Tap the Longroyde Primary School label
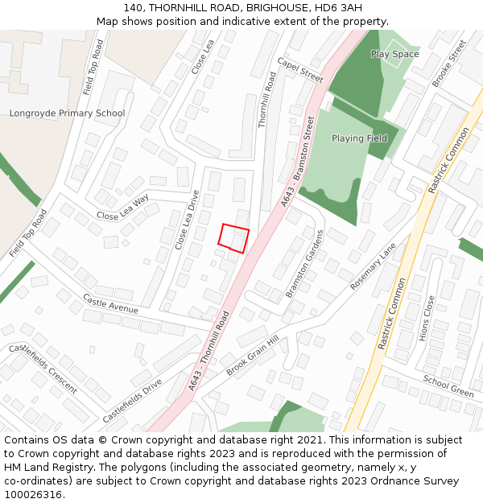tap(67, 113)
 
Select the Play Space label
tap(394, 54)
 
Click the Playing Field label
tap(359, 138)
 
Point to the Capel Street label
tap(299, 70)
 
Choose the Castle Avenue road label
tap(110, 303)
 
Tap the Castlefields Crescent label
tap(43, 369)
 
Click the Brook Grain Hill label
tap(252, 355)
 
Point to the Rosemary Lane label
tap(374, 266)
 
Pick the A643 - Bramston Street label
tap(298, 161)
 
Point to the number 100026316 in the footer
tap(33, 495)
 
